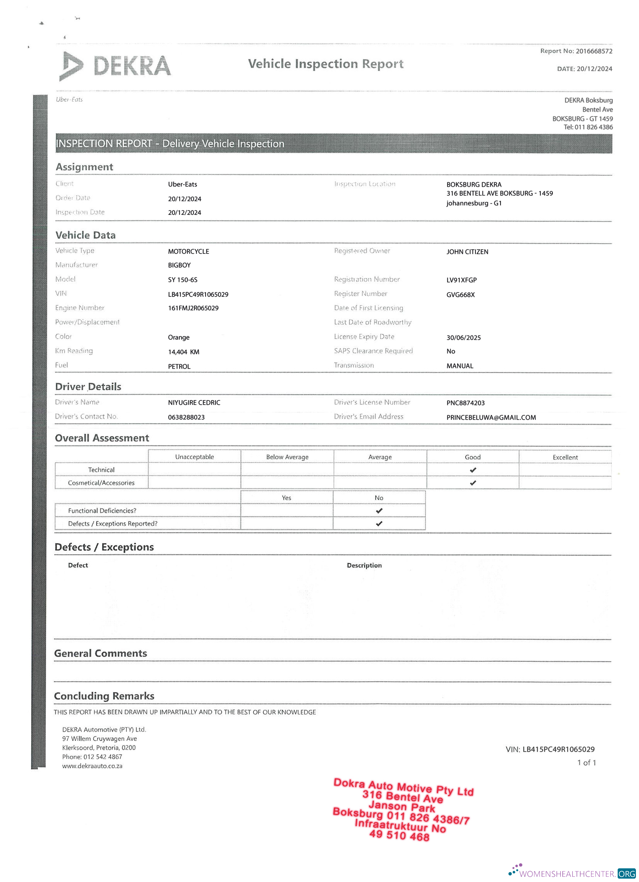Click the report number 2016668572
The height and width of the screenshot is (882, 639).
click(x=594, y=51)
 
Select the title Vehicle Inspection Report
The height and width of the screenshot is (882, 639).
click(x=326, y=64)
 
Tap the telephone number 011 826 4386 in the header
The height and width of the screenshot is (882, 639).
click(x=593, y=127)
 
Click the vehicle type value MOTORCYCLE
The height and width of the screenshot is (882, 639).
click(x=188, y=252)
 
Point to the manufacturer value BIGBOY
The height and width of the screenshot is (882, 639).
click(x=179, y=265)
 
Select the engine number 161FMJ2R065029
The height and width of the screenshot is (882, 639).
click(x=193, y=308)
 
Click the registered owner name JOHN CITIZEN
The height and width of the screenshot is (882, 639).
click(x=467, y=252)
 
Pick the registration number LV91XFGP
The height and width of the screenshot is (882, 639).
click(x=461, y=280)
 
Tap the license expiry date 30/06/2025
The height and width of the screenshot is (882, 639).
click(x=463, y=337)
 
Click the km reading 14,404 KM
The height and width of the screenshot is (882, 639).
click(x=184, y=352)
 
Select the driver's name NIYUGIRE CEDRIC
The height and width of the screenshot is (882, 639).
click(x=194, y=402)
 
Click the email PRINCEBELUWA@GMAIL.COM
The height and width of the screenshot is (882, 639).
click(x=491, y=417)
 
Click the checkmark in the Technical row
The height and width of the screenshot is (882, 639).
click(x=473, y=470)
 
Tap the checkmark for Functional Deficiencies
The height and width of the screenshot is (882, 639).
click(x=379, y=511)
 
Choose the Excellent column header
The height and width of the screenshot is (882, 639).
click(x=565, y=457)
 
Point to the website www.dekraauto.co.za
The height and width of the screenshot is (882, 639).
click(x=92, y=766)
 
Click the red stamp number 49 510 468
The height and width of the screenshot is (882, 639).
click(x=399, y=835)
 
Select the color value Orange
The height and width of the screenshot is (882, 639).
click(x=178, y=337)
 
